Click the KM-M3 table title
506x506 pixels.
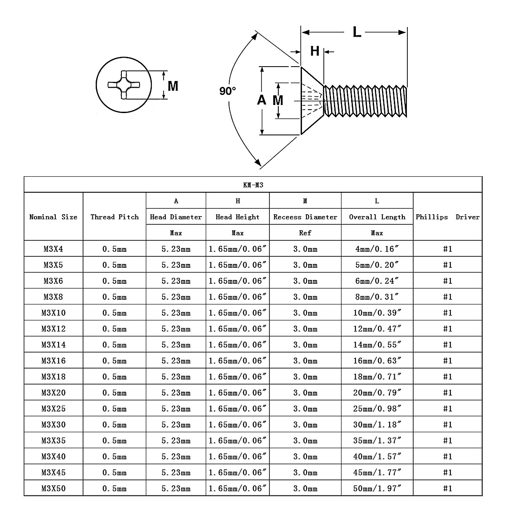point(253,185)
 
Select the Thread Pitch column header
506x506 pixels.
point(114,217)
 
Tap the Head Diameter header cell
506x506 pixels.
point(176,217)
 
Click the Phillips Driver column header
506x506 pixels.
point(447,217)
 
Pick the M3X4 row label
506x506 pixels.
point(53,249)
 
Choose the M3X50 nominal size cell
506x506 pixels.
point(54,489)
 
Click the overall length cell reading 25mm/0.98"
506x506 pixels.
point(377,409)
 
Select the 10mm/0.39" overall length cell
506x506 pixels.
point(377,313)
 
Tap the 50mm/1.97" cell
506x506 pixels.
point(377,489)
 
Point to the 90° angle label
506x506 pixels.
point(228,91)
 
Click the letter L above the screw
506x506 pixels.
point(357,32)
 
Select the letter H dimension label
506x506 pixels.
point(315,51)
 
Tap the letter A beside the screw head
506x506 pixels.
point(261,100)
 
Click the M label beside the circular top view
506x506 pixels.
point(173,86)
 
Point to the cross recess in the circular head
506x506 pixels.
point(123,85)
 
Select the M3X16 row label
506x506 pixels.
point(54,361)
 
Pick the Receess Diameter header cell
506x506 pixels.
point(305,217)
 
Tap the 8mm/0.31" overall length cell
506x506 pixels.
point(377,297)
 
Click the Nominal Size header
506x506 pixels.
point(53,217)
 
